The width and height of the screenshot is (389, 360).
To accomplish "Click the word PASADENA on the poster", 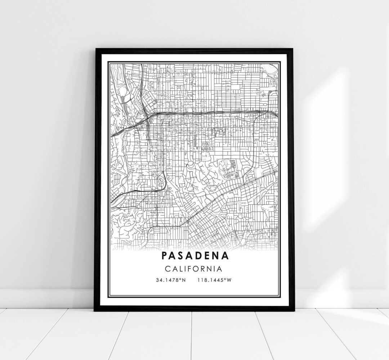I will (194, 256).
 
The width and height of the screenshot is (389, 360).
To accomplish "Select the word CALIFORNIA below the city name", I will (194, 269).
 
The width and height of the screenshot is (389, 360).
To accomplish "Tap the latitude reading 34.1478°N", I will (171, 280).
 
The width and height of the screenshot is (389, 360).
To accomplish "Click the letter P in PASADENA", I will (164, 256).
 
